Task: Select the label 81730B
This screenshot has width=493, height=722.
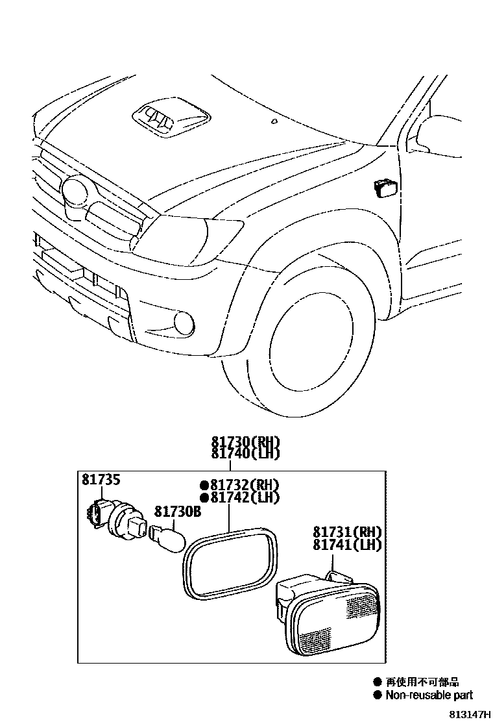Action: [x=177, y=512]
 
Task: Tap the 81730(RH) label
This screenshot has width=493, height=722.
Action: [x=245, y=441]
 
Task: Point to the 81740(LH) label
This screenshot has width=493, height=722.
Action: [x=245, y=453]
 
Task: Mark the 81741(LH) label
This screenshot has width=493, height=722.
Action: [x=347, y=545]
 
